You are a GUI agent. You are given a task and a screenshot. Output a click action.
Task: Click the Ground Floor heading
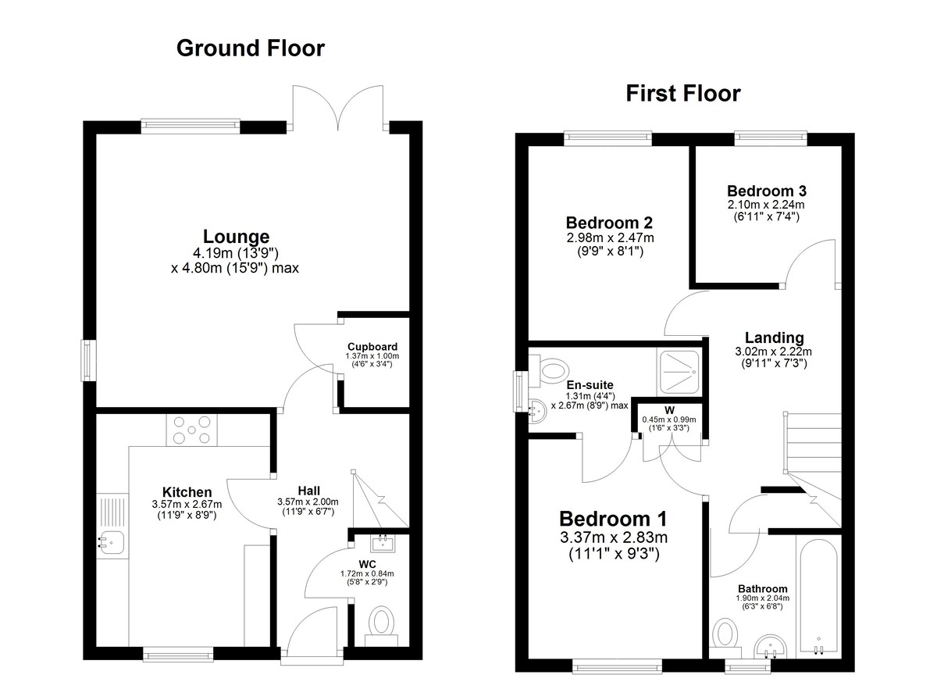[x=250, y=48]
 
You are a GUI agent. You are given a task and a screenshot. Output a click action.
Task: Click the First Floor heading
[x=682, y=93]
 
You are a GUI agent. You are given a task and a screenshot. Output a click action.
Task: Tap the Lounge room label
[x=237, y=237]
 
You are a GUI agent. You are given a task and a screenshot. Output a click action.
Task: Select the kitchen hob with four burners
[x=191, y=430]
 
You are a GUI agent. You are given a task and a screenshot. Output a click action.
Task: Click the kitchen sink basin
[x=111, y=543]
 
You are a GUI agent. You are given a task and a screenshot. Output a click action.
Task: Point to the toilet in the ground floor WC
[x=381, y=626]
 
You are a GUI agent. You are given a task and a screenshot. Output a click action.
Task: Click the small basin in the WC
[x=383, y=544]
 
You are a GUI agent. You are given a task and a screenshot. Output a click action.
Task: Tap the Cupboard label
[x=372, y=347]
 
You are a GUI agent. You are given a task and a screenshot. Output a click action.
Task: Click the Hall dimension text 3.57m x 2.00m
[x=308, y=502]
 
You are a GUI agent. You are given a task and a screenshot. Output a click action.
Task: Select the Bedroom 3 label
[x=766, y=191]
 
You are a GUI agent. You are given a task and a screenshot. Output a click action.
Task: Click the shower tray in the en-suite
[x=679, y=373]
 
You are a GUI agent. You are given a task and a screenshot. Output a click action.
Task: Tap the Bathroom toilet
[x=725, y=638]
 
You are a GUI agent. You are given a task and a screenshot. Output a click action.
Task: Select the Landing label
[x=775, y=337]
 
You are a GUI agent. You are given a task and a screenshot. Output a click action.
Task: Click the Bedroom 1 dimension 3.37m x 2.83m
[x=614, y=537]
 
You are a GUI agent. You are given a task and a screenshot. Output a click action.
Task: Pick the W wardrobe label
[x=669, y=410]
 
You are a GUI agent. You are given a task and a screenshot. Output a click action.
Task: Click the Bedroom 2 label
[x=609, y=223]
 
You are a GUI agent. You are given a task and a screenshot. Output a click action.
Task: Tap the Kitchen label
[x=187, y=492]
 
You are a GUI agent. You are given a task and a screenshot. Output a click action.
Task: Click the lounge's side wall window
[x=88, y=361]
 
